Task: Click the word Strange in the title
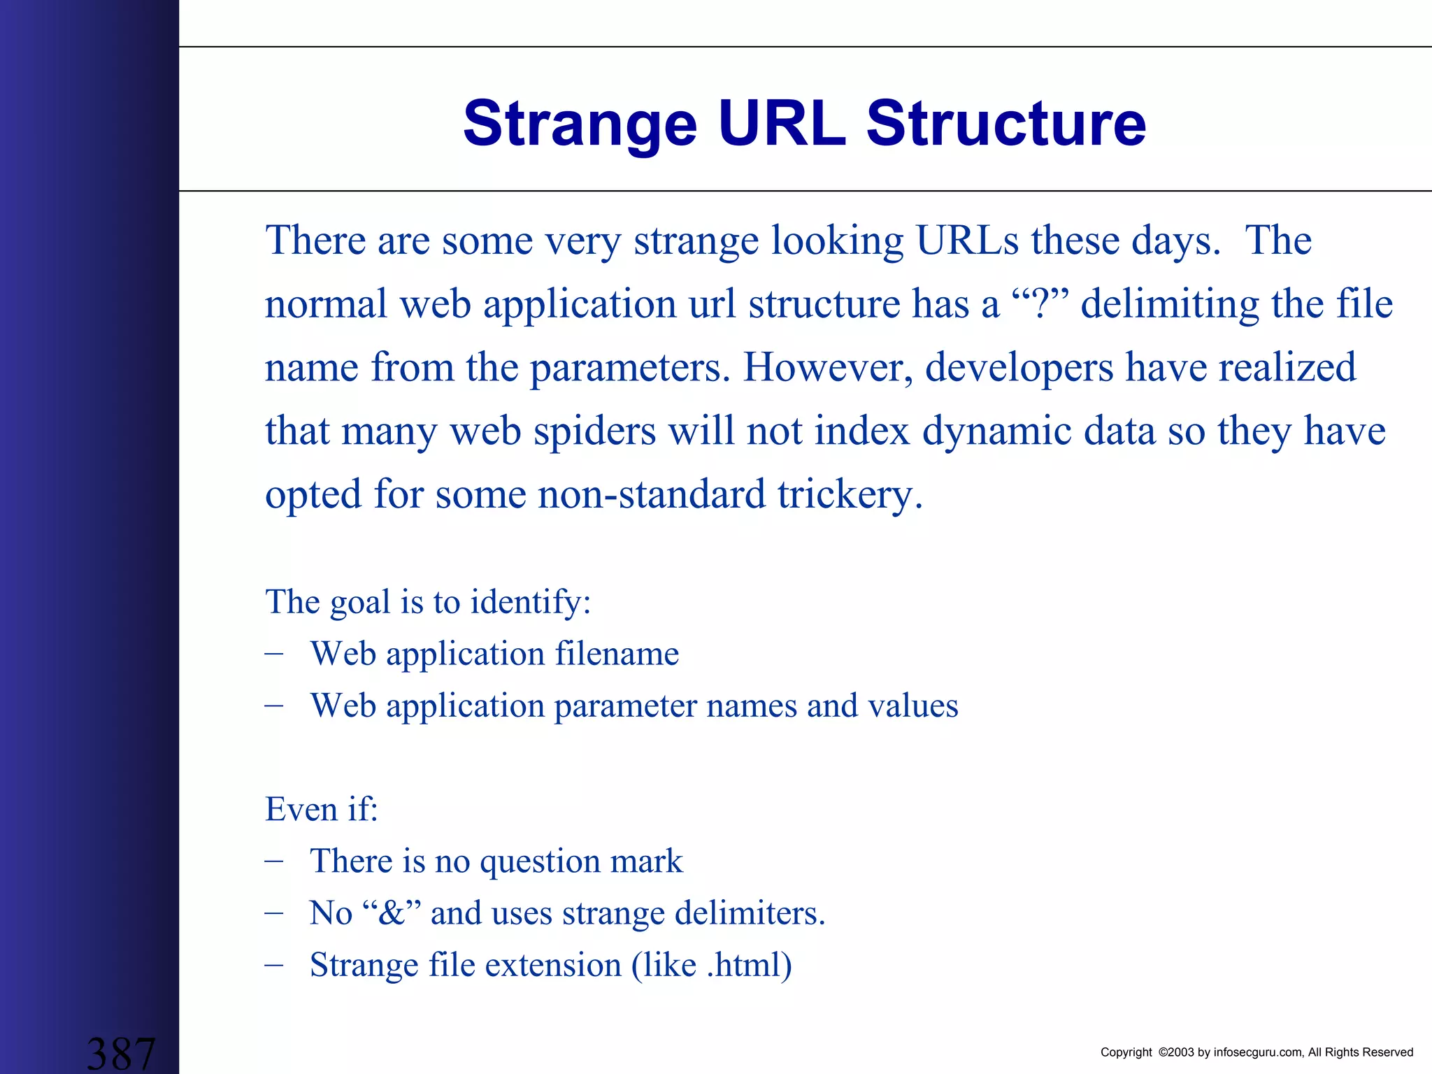[x=580, y=124]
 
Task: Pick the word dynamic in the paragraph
[x=996, y=431]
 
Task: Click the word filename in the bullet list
[x=617, y=654]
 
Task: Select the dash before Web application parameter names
[x=274, y=705]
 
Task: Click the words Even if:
[x=321, y=810]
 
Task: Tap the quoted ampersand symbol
[x=392, y=913]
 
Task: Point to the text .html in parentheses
[x=743, y=966]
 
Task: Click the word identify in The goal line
[x=529, y=602]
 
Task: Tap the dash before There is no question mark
[x=274, y=861]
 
